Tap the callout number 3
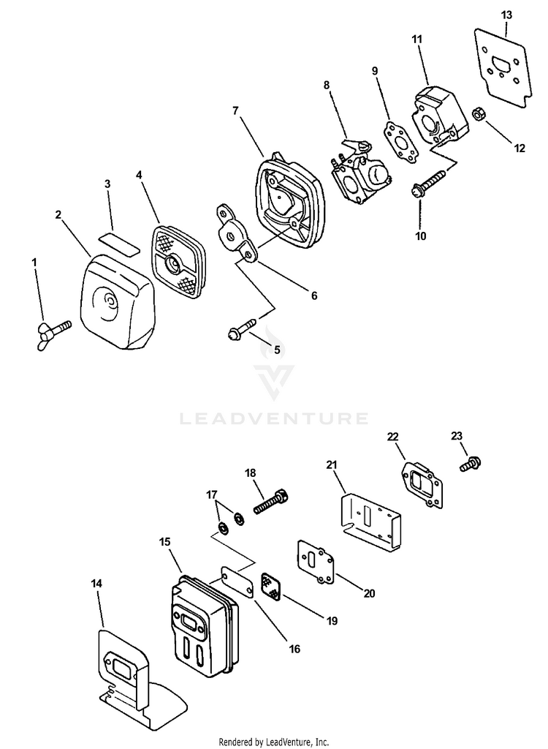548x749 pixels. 107,184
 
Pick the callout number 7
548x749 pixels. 235,110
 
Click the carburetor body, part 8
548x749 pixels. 362,176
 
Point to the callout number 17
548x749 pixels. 211,494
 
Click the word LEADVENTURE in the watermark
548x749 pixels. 274,419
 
